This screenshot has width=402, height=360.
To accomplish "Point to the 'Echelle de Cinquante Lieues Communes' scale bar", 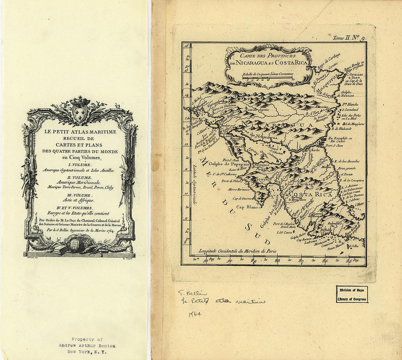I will (x=268, y=77).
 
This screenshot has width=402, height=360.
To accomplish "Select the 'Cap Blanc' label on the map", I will (x=247, y=207).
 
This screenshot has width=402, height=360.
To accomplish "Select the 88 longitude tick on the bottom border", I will (x=277, y=261).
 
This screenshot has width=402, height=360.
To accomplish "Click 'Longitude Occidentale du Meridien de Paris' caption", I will (x=238, y=251).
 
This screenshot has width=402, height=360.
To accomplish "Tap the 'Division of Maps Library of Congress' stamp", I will (x=352, y=294).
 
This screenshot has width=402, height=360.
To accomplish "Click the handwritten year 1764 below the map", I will (x=195, y=314).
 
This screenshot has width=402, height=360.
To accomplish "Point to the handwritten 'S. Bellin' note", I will (x=193, y=293).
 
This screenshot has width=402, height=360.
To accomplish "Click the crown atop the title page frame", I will (x=80, y=101).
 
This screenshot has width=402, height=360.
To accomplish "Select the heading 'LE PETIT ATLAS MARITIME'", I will (x=80, y=132).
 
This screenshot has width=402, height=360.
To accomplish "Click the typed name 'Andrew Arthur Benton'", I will (x=87, y=345).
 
